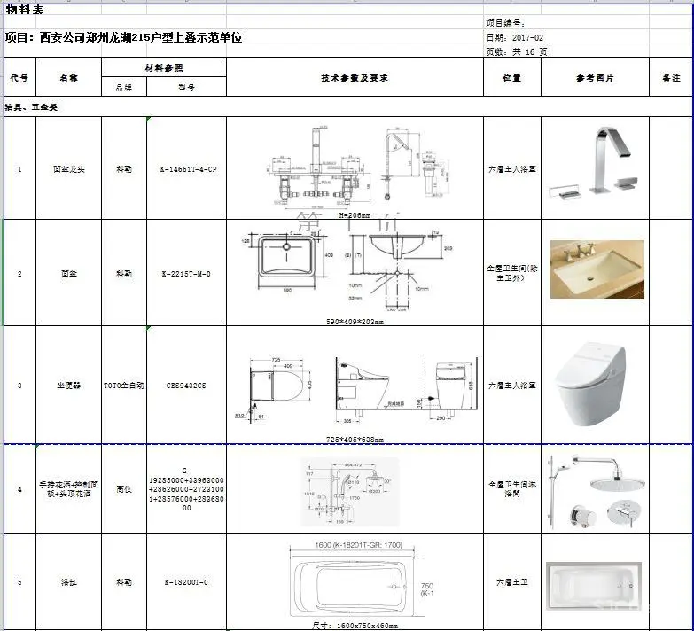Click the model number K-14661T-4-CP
coord(186,168)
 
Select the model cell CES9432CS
coord(186,386)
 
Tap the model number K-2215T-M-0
coord(186,274)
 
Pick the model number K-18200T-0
coord(186,582)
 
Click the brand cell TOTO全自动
coord(124,386)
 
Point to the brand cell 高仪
coord(124,488)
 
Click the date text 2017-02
coord(526,38)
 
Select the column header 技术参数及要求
coord(355,78)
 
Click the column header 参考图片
coord(595,78)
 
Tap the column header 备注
coord(671,78)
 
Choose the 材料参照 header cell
coord(164,67)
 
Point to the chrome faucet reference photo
coord(594,164)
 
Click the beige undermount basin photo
coord(597,269)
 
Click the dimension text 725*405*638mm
coord(355,439)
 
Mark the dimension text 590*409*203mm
coord(354,322)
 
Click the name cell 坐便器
coord(68,386)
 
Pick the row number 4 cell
coord(19,488)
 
